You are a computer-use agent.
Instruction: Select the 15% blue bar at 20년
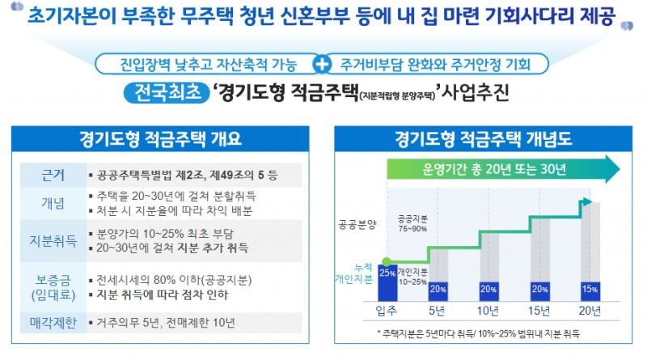tap(589, 289)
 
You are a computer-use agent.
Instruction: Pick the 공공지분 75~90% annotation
tap(414, 223)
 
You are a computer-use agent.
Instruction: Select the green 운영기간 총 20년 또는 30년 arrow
tap(501, 169)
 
